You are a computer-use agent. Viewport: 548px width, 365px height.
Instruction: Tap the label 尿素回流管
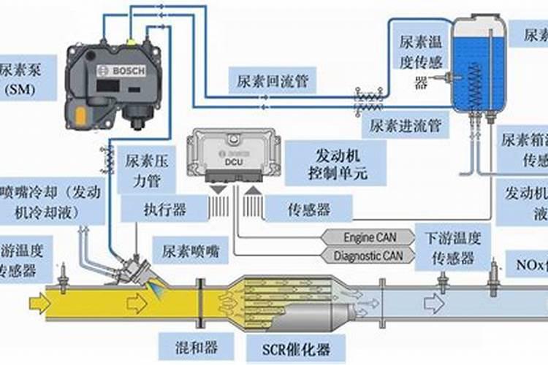coord(273,80)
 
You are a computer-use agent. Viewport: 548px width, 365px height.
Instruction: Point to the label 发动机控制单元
coord(338,165)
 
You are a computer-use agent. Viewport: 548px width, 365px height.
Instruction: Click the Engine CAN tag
coord(369,237)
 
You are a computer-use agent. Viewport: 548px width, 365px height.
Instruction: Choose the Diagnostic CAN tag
coord(368,255)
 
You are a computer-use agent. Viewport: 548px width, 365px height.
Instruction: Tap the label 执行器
coord(164,210)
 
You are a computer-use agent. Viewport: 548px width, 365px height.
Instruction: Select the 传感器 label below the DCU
coord(308,210)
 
